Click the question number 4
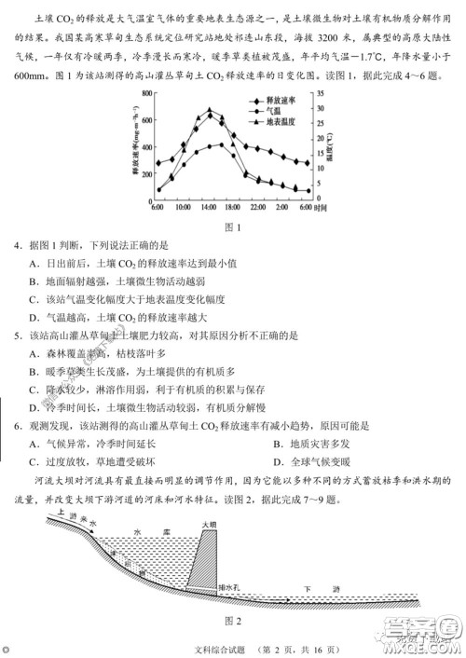(x=17, y=245)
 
